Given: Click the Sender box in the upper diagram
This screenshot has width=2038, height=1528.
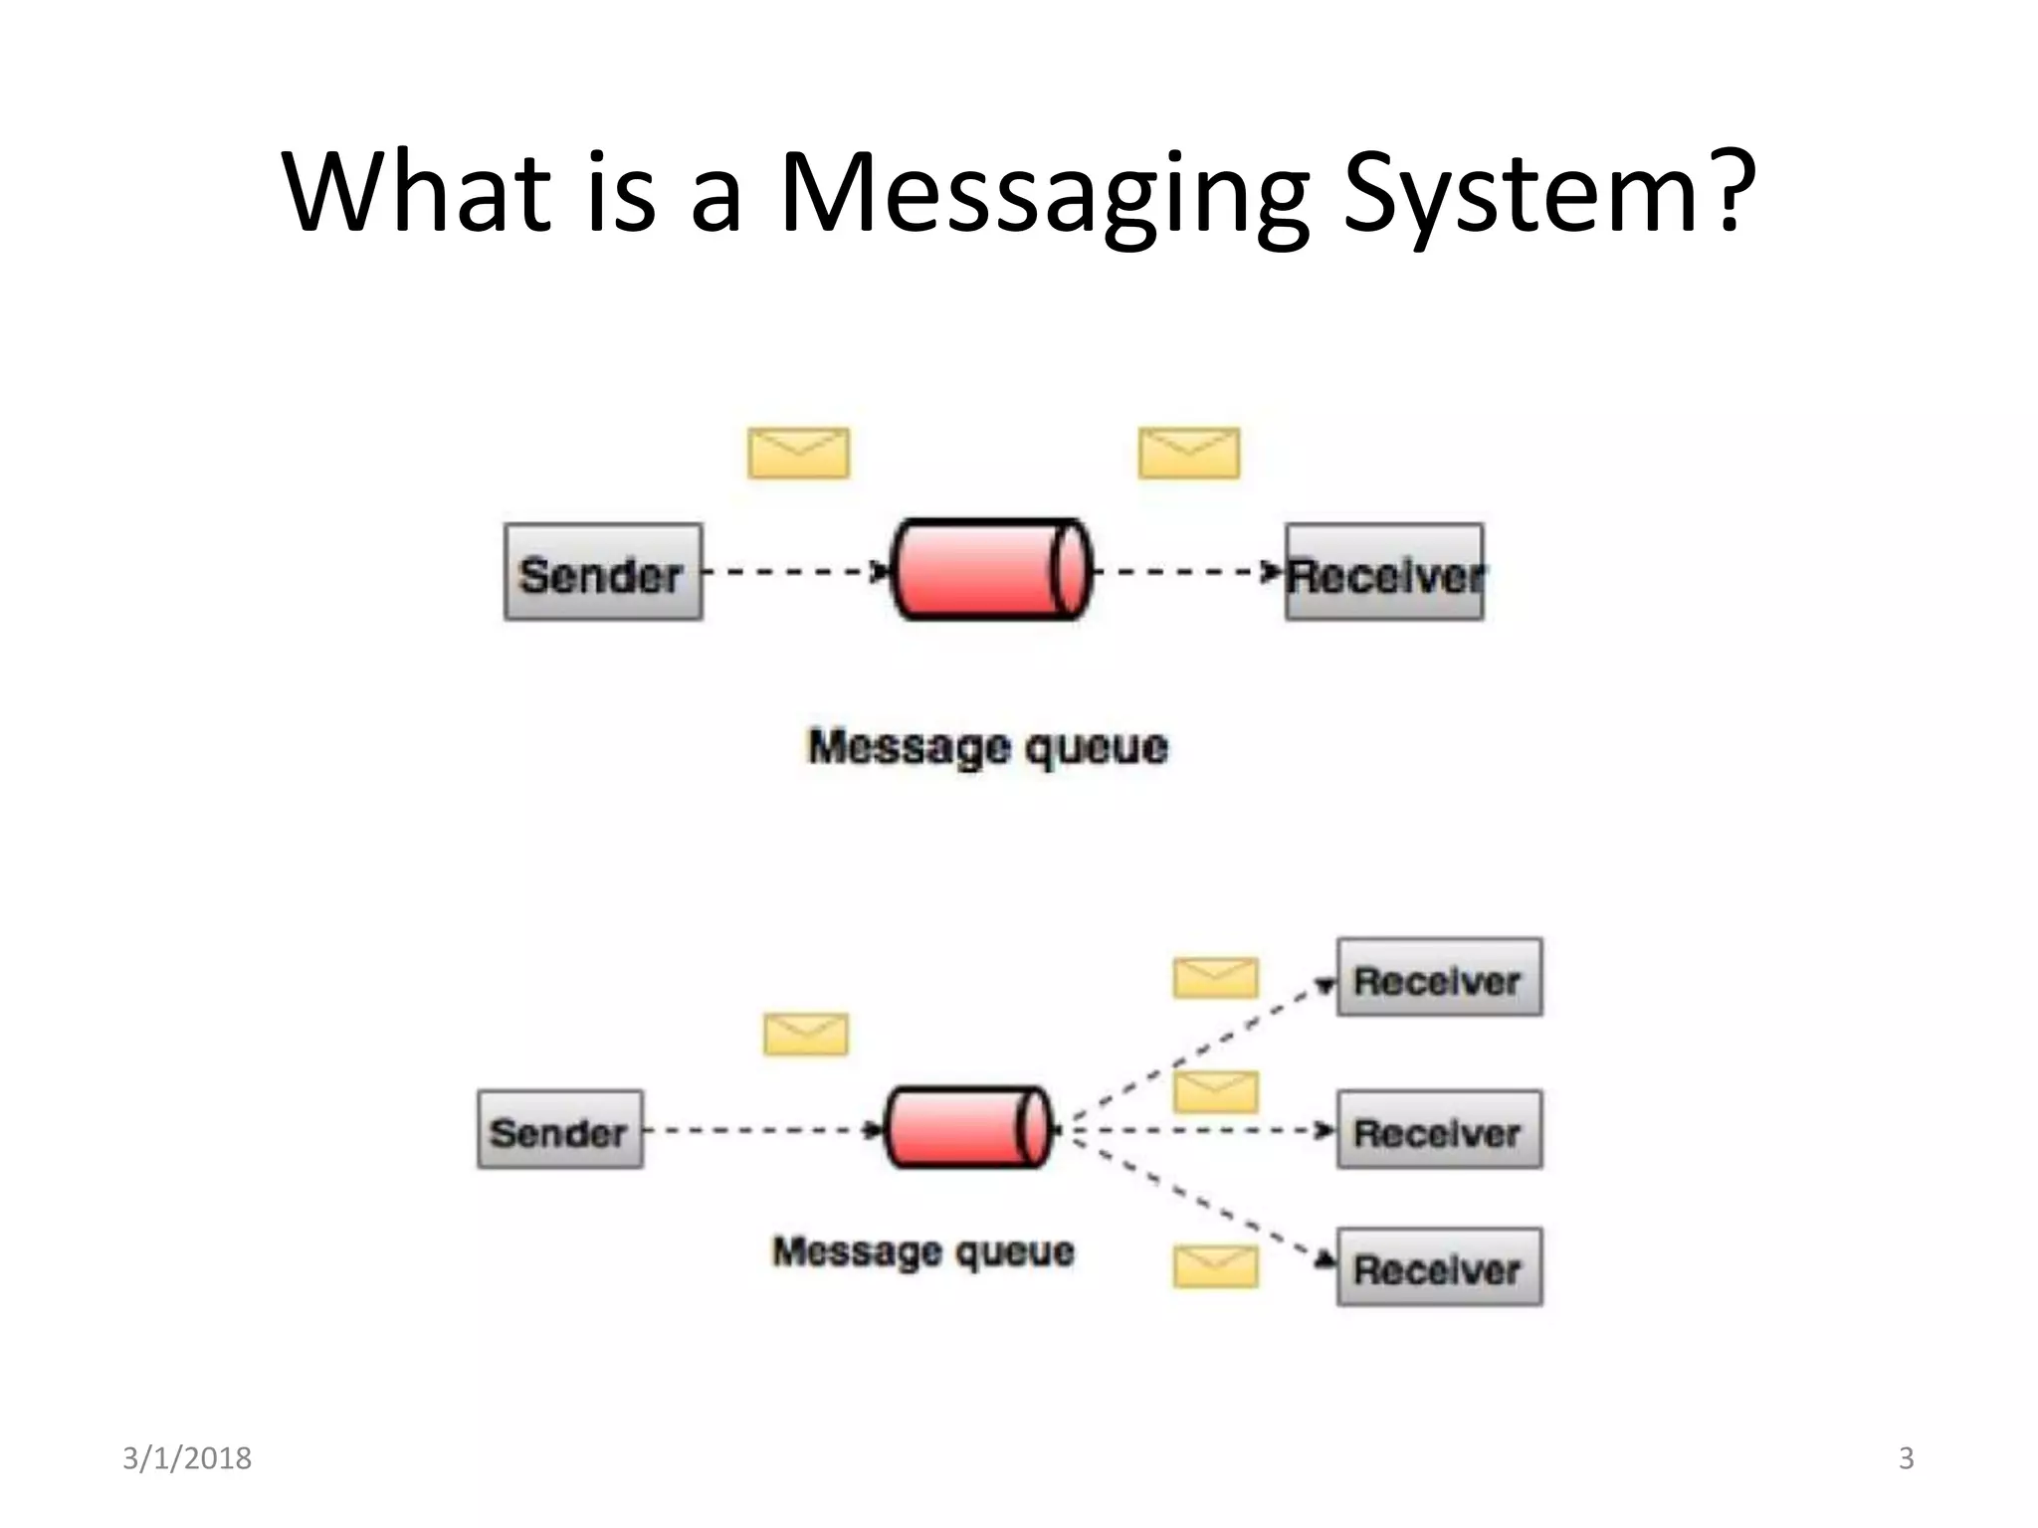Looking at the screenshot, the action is [603, 573].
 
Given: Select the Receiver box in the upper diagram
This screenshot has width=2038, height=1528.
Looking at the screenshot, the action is [1384, 573].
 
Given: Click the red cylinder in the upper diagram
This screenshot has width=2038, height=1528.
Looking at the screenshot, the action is [991, 570].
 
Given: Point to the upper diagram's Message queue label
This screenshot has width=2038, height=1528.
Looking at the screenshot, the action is [987, 748].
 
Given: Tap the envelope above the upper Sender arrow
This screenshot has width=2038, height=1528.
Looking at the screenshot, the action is [798, 454].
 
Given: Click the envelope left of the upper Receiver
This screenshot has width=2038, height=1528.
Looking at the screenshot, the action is [1189, 454].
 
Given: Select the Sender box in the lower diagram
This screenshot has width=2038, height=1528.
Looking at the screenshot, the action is [560, 1130].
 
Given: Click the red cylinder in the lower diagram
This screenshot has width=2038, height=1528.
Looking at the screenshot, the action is [967, 1127].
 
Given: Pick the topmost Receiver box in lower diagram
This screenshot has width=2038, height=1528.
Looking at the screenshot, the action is [1439, 978].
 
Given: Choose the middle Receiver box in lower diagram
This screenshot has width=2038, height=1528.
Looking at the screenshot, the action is [1439, 1130].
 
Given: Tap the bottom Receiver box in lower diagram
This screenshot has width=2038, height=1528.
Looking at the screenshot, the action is [1439, 1267].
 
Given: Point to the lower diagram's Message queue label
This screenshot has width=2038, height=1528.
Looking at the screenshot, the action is [923, 1251].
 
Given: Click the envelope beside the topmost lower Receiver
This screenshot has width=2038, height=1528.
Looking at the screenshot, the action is [1215, 978].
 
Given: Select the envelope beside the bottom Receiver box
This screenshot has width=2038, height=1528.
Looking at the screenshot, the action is [1215, 1267].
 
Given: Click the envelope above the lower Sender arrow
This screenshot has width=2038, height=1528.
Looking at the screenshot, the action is [806, 1035].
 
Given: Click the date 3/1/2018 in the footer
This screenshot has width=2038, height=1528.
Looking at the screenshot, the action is [187, 1458].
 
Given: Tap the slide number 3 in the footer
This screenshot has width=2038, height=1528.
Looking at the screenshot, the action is [1906, 1458].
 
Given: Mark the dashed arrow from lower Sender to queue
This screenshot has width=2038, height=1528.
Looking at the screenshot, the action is [762, 1130].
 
